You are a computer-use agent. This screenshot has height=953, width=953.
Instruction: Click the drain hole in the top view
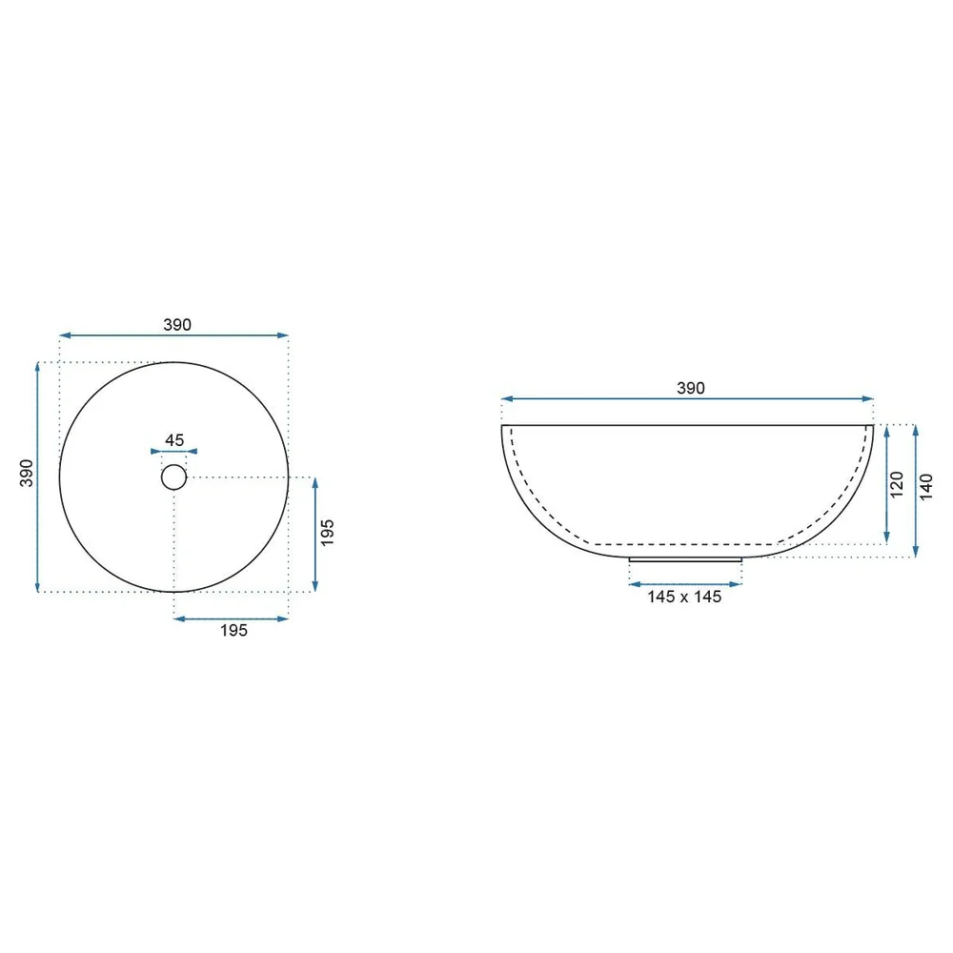click(x=173, y=477)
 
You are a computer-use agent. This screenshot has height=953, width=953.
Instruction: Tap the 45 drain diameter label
click(x=174, y=440)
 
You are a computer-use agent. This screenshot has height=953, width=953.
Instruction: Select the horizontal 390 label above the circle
click(x=177, y=325)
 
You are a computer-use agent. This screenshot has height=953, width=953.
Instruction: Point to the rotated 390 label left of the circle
click(x=27, y=473)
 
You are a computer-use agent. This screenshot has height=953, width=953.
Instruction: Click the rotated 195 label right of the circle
click(x=327, y=533)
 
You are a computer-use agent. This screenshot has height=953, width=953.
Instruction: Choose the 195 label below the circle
click(x=234, y=630)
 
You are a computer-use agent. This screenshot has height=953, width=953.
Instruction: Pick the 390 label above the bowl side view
click(x=690, y=389)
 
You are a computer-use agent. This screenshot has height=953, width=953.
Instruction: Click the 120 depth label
click(x=897, y=484)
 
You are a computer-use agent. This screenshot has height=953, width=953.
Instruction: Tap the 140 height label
click(x=925, y=487)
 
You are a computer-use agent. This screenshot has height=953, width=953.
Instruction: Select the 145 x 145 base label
click(x=684, y=597)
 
